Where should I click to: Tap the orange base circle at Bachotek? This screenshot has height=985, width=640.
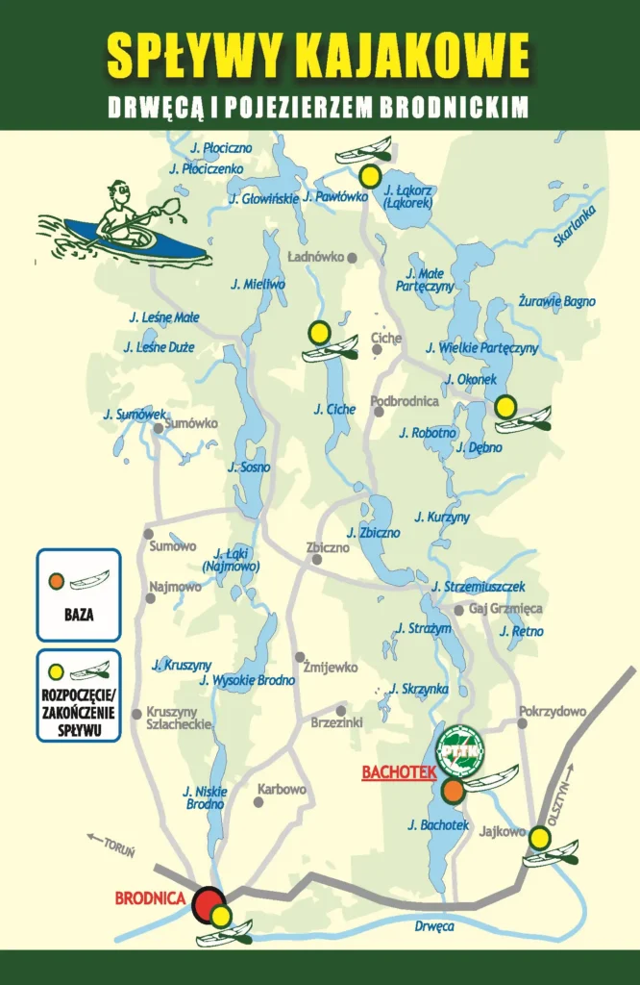[x=453, y=791]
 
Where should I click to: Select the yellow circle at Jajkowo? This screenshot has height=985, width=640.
[x=540, y=839]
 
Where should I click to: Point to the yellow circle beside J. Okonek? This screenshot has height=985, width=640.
[x=505, y=407]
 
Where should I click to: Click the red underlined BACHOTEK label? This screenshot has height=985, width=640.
[x=399, y=771]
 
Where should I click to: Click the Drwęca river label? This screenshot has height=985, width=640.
[x=433, y=926]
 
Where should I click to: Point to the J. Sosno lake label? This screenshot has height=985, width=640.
[x=249, y=467]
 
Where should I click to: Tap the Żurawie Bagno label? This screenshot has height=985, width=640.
[x=556, y=301]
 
